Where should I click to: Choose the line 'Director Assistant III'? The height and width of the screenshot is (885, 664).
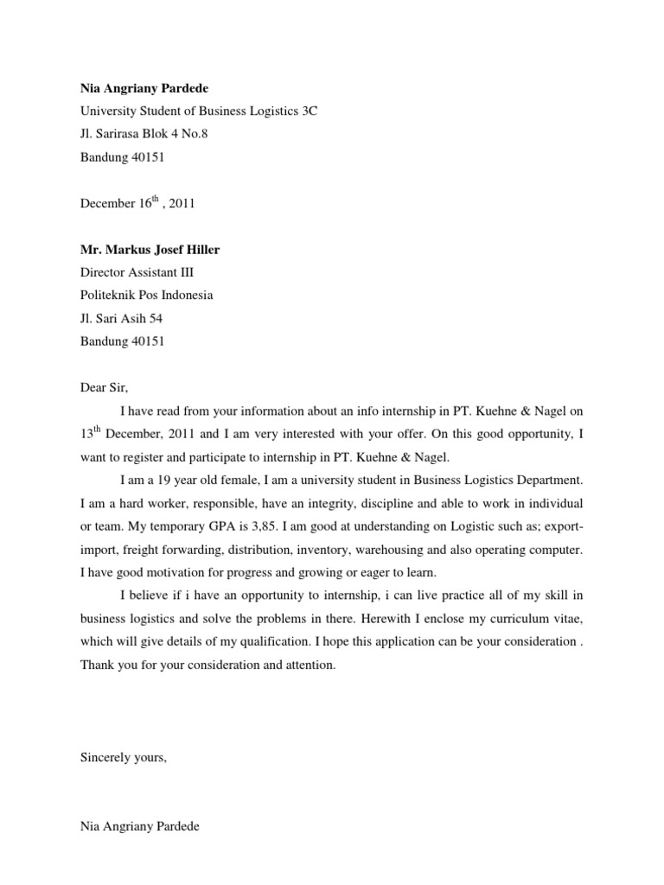pyautogui.click(x=143, y=272)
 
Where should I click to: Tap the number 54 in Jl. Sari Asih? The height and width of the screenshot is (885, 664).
pyautogui.click(x=155, y=318)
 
